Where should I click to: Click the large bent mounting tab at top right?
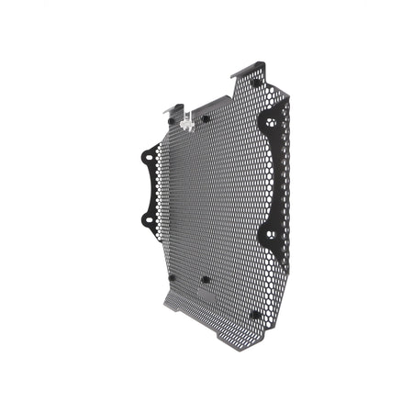coord(258,69)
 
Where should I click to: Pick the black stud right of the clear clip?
coord(206,118)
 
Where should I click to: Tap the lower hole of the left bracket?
coord(144,218)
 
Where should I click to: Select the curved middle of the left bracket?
coord(149,188)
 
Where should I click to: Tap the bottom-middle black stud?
coord(205,279)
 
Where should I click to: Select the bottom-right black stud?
coord(254,315)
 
